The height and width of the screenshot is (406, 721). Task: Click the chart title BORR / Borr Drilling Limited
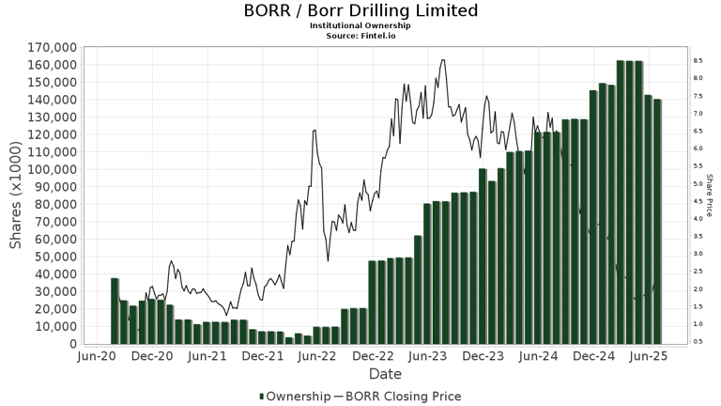[x=360, y=11]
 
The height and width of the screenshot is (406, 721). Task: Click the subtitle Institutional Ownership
[x=360, y=25]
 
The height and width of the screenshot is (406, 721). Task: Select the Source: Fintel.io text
[x=360, y=35]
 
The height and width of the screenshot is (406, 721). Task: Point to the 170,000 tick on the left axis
[x=53, y=47]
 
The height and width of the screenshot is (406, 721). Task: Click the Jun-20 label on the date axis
[x=98, y=357]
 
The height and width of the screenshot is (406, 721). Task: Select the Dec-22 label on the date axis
[x=374, y=357]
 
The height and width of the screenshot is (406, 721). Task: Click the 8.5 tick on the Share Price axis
[x=698, y=60]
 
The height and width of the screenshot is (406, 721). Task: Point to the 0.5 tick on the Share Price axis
[x=698, y=341]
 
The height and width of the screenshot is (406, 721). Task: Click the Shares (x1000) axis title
[x=16, y=195]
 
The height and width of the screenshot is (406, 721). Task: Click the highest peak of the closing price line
[x=442, y=60]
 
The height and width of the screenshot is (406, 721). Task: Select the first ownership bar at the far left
[x=115, y=311]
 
